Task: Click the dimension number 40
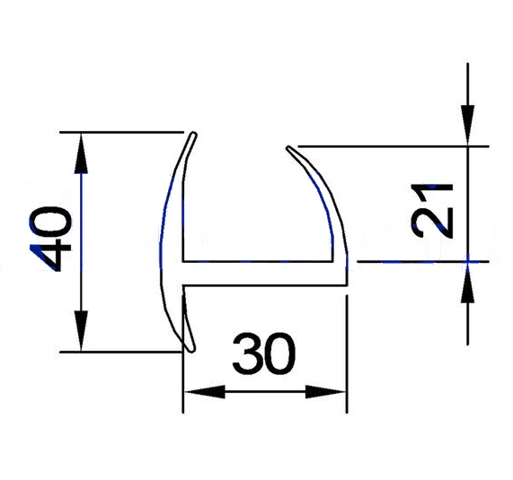[x=50, y=240]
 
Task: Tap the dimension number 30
[x=264, y=353]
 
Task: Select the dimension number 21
[x=432, y=211]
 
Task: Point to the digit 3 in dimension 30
[x=247, y=353]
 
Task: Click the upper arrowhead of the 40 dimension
[x=81, y=153]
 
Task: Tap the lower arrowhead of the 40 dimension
[x=81, y=331]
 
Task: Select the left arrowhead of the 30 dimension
[x=204, y=391]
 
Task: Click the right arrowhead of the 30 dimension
[x=326, y=391]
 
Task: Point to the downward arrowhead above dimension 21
[x=468, y=125]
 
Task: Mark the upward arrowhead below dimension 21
[x=468, y=283]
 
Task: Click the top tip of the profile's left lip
[x=195, y=133]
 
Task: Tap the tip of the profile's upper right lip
[x=287, y=148]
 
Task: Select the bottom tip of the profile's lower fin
[x=191, y=351]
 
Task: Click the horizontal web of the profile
[x=264, y=274]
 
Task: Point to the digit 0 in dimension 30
[x=280, y=353]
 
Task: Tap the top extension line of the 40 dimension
[x=121, y=132]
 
